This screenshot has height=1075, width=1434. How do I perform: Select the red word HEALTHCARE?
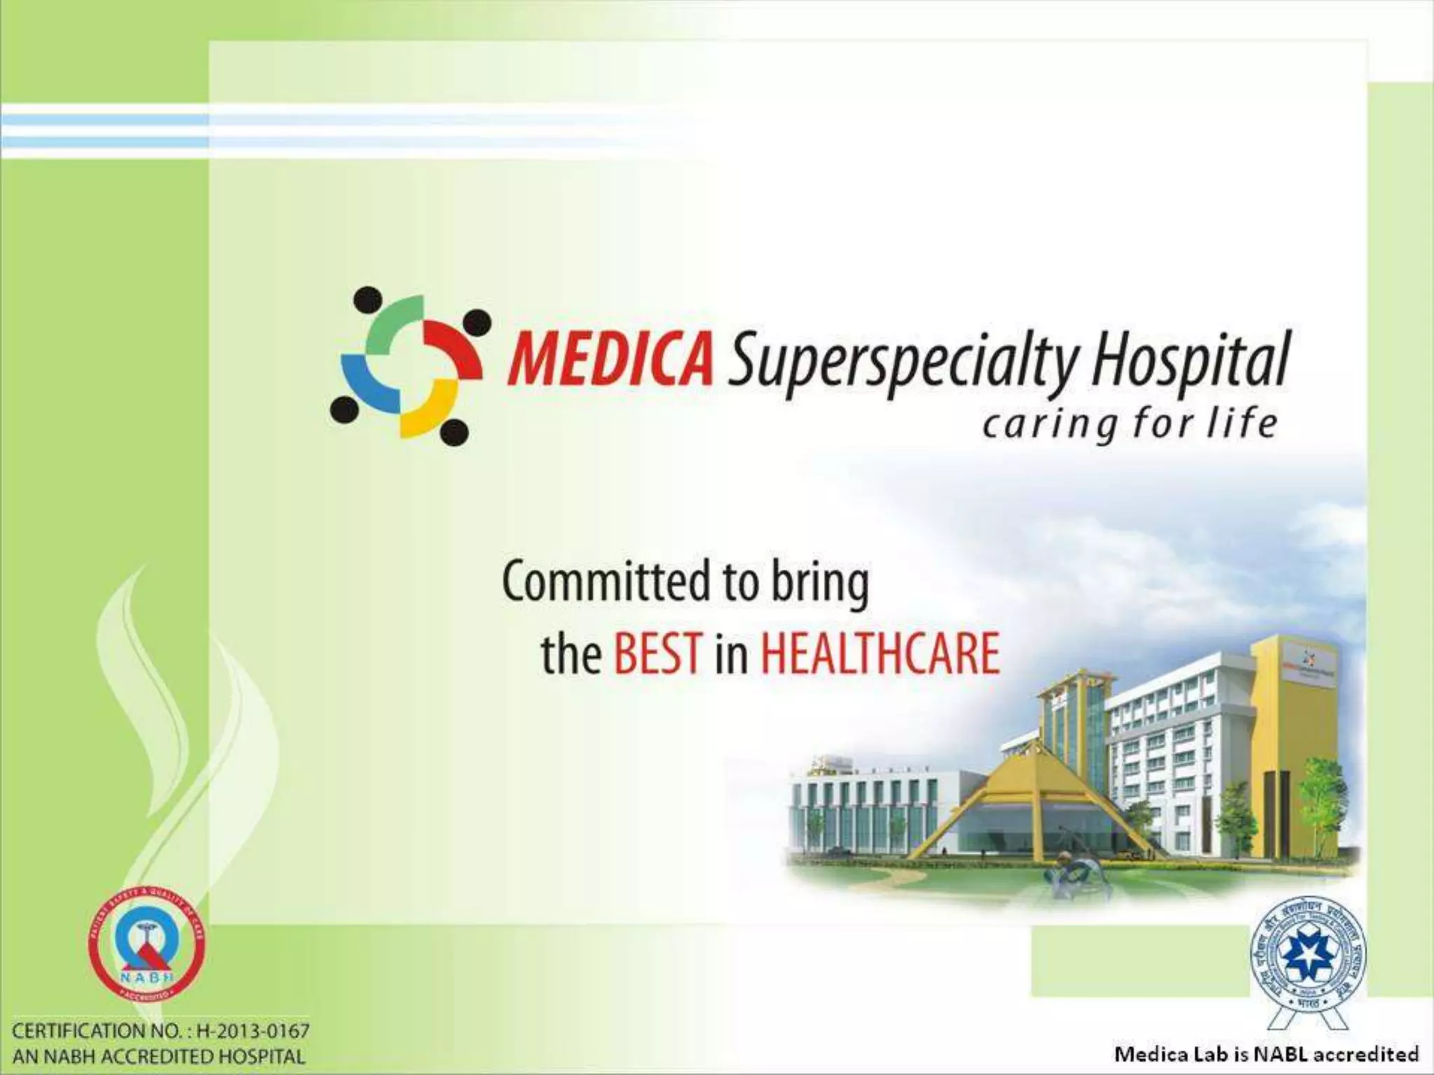pos(879,654)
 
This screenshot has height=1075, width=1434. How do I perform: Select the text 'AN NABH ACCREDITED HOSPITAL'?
pos(160,1056)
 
